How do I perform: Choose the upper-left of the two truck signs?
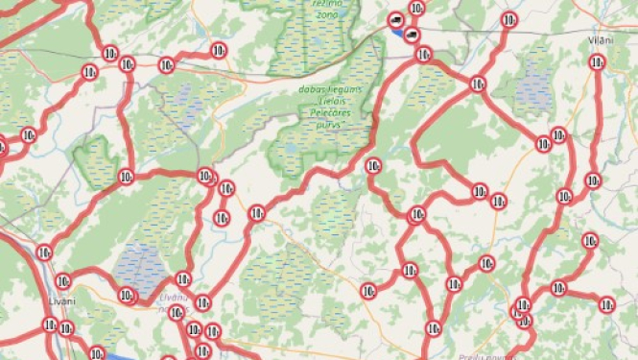[x=396, y=20]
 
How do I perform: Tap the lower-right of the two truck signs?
[x=412, y=35]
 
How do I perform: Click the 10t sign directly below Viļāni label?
[x=596, y=63]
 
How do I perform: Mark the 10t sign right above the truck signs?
[x=415, y=9]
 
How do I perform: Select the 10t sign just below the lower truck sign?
[x=422, y=55]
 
